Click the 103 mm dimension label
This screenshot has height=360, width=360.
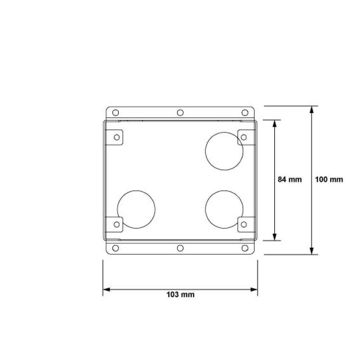coord(180,294)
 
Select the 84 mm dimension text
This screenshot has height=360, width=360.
coord(289,179)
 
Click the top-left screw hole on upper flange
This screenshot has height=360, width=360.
coord(115,112)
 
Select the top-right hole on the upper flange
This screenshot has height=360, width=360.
coord(245,112)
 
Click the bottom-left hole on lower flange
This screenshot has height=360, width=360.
coord(115,248)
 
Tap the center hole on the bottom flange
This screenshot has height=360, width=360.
coord(180,248)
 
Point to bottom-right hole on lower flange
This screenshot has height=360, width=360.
coord(245,248)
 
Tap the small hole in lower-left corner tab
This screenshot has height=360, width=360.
coord(117,225)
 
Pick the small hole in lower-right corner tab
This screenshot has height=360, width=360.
coord(243,225)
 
